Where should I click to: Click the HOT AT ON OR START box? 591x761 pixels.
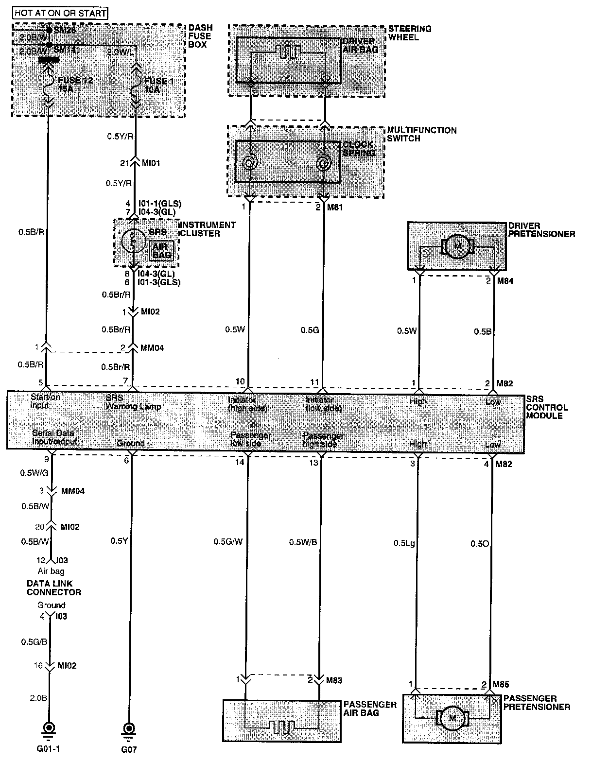[x=60, y=13]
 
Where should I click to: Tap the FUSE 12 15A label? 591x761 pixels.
[x=74, y=86]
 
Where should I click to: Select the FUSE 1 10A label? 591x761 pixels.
[x=158, y=86]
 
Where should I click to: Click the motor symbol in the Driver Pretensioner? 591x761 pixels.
[x=457, y=246]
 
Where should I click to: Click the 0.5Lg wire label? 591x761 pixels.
[x=404, y=543]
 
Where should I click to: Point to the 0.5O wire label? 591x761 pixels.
[x=479, y=543]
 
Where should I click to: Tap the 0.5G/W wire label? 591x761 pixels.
[x=227, y=541]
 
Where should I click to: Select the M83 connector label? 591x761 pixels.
[x=334, y=680]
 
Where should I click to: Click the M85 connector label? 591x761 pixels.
[x=501, y=685]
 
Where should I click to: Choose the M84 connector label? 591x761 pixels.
[x=504, y=281]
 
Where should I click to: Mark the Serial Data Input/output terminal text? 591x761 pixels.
[x=54, y=437]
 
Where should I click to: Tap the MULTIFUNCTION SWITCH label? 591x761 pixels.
[x=421, y=134]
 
